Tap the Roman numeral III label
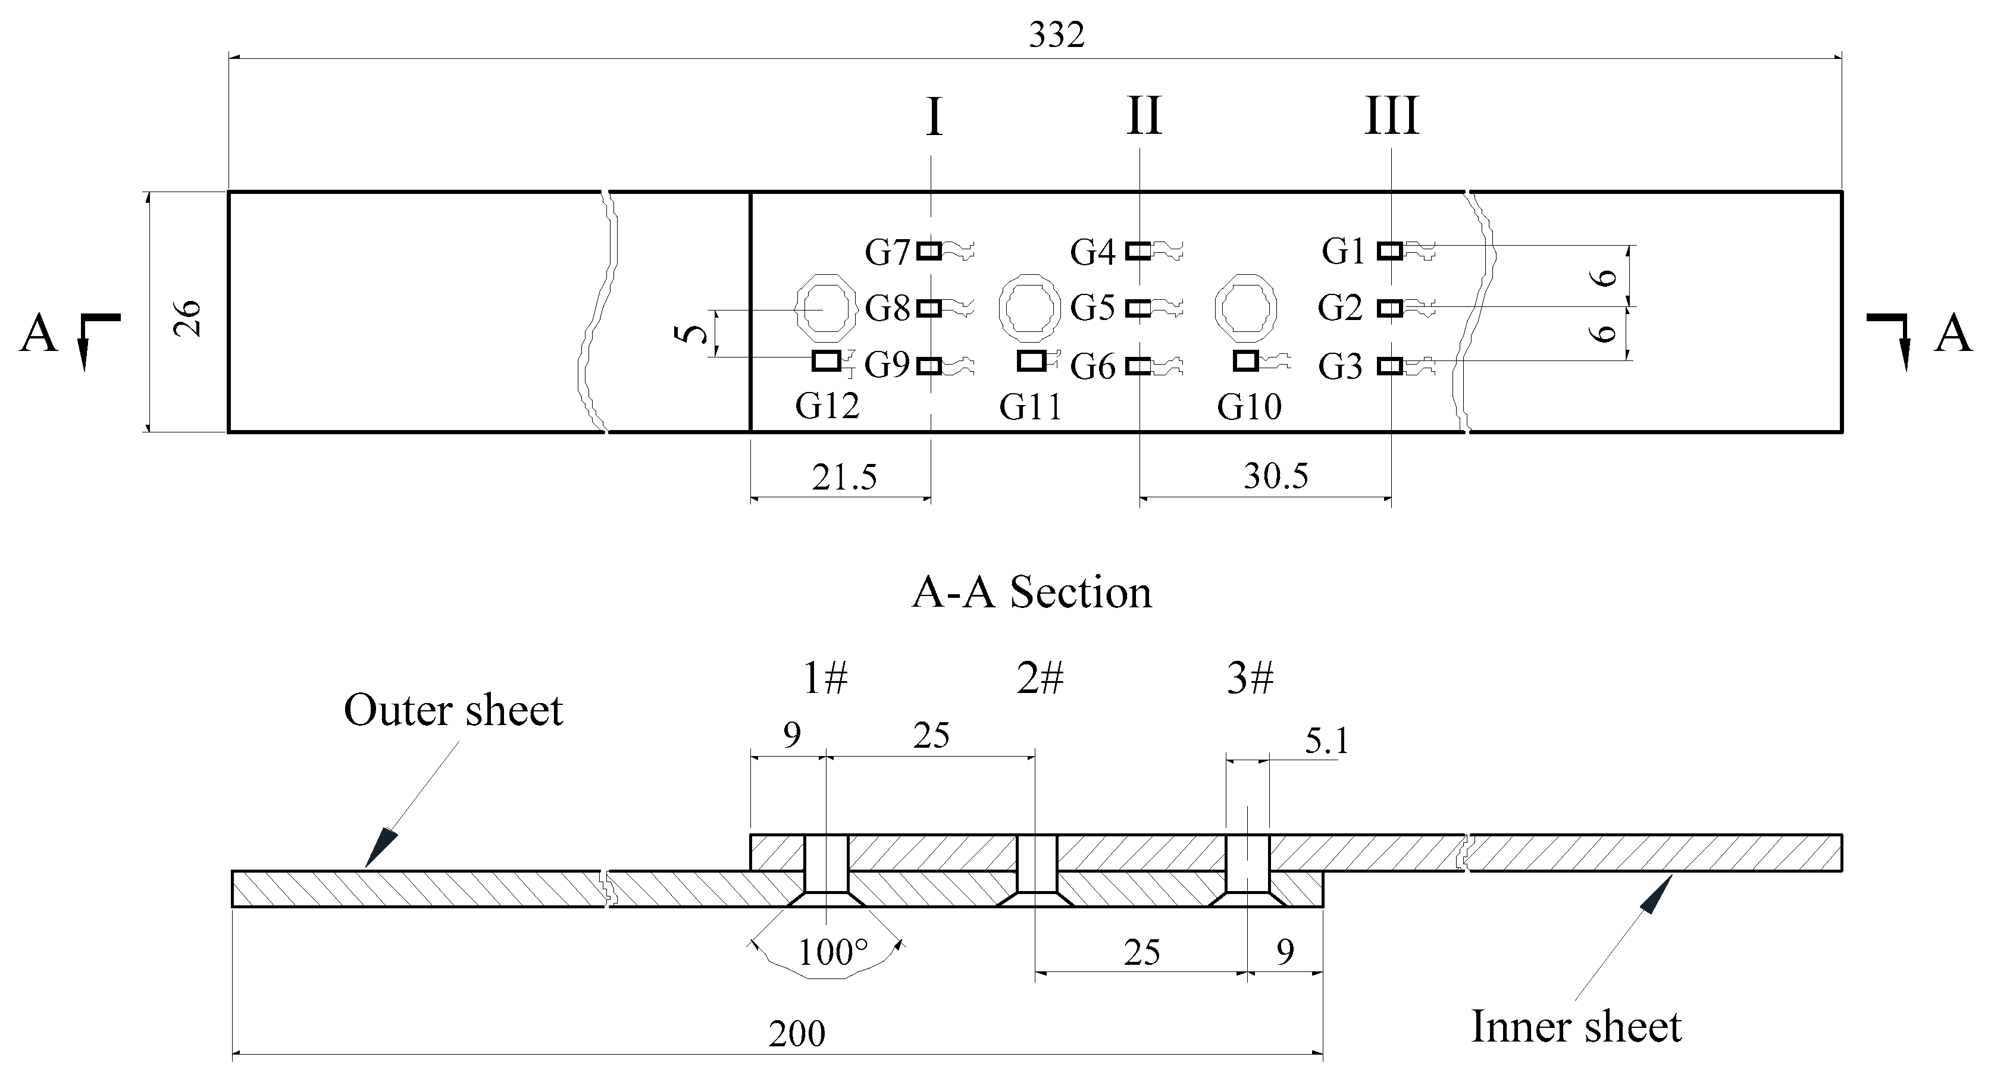(1391, 117)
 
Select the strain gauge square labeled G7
(929, 250)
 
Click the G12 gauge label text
(827, 406)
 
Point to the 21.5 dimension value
(844, 478)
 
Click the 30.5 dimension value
(1275, 476)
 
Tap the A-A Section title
(1031, 594)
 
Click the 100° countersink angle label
(832, 953)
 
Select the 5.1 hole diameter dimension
(1326, 742)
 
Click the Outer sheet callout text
(453, 711)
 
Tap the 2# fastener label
(1040, 679)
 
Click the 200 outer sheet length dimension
(796, 1034)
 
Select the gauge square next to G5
(1138, 308)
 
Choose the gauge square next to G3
(1389, 366)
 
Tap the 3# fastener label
(1250, 679)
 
